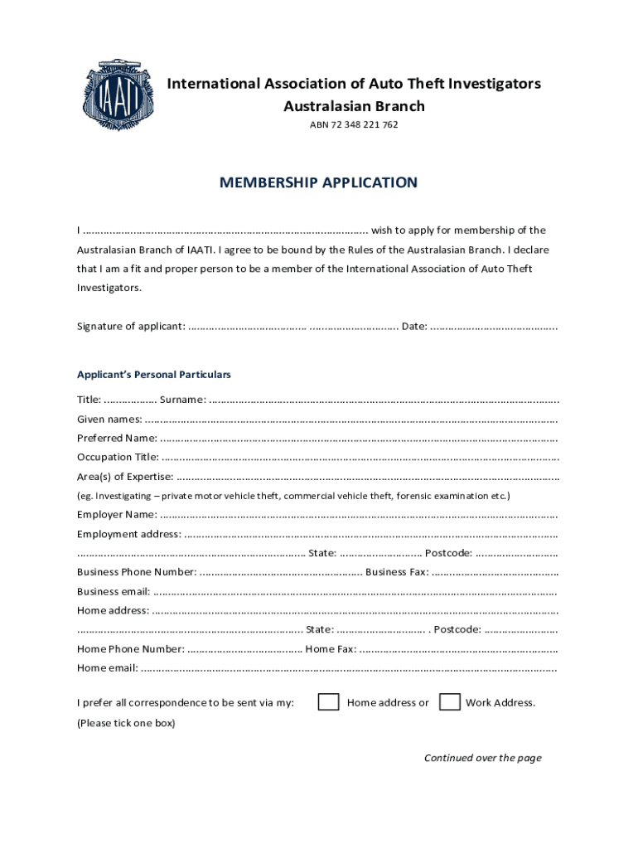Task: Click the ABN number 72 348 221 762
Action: [354, 125]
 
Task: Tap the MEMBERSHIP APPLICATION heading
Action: [318, 182]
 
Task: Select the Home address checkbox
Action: [329, 702]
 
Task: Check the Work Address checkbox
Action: [450, 702]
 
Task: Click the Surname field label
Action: [183, 400]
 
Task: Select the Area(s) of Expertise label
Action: [125, 476]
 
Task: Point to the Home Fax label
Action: [331, 649]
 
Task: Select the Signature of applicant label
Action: [131, 326]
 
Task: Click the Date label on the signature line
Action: [414, 326]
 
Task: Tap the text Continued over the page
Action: [482, 758]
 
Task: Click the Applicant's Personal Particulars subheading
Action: [154, 375]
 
